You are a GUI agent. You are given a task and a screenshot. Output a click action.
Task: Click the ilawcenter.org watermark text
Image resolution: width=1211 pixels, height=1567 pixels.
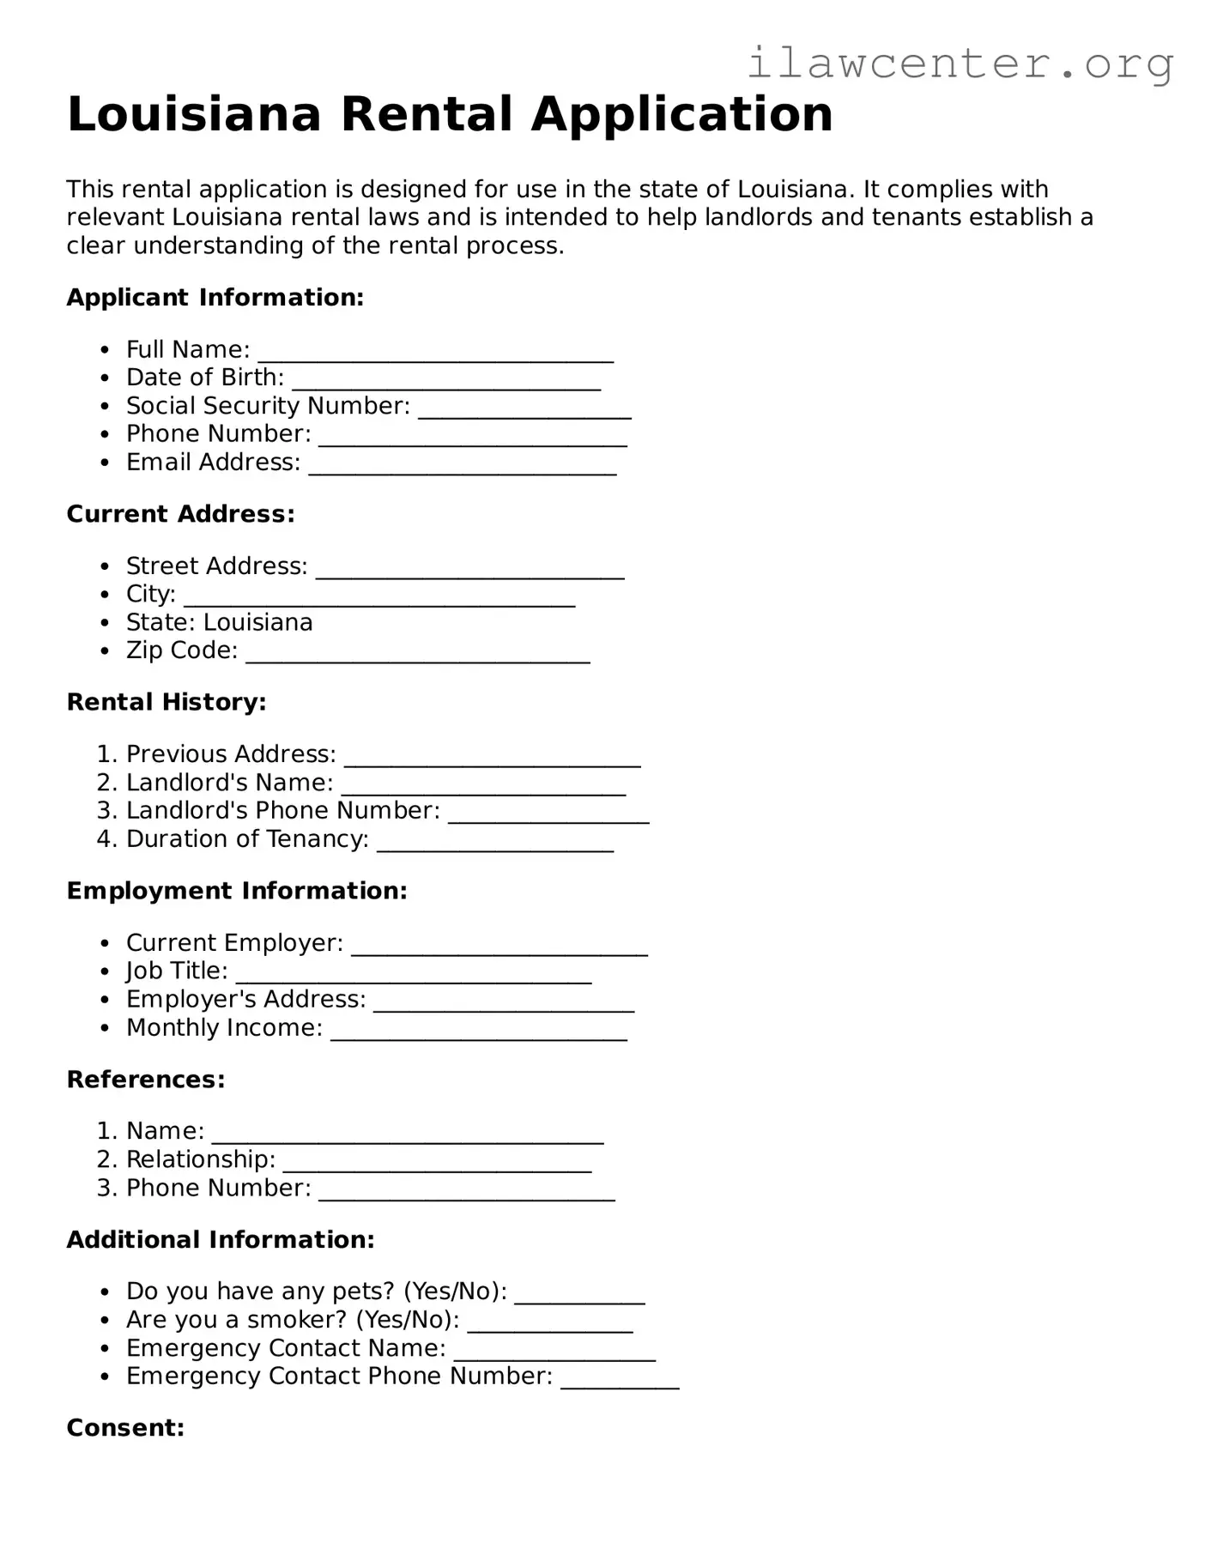[x=960, y=64]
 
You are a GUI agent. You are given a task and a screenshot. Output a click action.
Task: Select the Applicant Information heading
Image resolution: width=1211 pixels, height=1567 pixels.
[x=215, y=298]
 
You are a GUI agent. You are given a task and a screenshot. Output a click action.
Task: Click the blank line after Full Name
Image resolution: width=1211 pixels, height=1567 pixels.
[x=436, y=354]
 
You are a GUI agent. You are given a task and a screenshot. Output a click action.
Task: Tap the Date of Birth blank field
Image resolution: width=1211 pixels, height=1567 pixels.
[x=445, y=382]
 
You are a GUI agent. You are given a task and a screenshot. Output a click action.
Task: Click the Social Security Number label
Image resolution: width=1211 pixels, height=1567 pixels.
[x=268, y=406]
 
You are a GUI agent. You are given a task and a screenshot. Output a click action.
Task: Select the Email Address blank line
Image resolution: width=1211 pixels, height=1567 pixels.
[x=463, y=466]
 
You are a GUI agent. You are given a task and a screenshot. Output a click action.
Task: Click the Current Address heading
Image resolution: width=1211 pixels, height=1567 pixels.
[x=181, y=514]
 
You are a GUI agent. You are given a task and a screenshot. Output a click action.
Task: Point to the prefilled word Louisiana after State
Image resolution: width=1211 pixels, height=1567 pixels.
[x=258, y=622]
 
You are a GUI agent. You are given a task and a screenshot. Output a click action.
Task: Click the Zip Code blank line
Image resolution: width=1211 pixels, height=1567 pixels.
[x=418, y=655]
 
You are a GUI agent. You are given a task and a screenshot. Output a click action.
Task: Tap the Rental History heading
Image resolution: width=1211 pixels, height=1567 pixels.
[x=167, y=702]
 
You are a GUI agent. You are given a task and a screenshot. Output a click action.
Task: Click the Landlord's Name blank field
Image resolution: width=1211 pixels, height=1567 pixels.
[x=483, y=787]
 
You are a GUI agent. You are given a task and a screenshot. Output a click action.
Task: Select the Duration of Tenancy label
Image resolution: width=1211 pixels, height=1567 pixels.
[x=247, y=839]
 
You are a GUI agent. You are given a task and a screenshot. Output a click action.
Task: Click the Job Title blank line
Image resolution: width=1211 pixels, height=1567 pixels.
[x=414, y=976]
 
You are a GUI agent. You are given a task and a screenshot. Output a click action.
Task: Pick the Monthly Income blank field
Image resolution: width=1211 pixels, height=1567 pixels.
[x=479, y=1032]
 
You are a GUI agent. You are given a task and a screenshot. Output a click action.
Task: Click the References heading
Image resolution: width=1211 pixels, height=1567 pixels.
[x=146, y=1080]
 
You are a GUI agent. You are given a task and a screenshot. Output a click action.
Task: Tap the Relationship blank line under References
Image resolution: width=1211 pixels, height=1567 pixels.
[x=437, y=1165]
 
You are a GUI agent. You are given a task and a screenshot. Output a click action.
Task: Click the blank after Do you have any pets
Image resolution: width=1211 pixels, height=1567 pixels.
[x=579, y=1296]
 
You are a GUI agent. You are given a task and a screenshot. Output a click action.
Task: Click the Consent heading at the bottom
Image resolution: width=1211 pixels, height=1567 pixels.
[x=125, y=1428]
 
